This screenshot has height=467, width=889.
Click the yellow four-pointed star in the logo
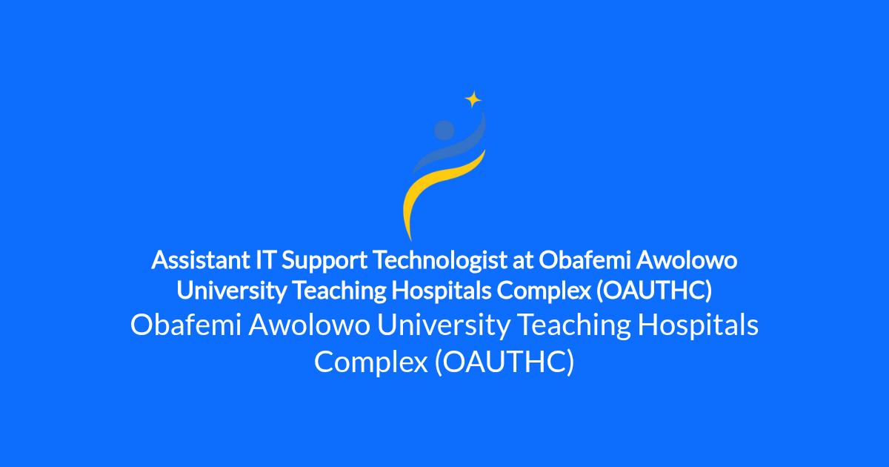tap(473, 99)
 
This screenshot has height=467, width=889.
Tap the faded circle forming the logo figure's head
tap(444, 130)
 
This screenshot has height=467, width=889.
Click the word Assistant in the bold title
tap(201, 260)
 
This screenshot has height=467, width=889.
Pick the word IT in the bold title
tap(265, 260)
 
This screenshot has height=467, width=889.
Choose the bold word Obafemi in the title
tap(585, 260)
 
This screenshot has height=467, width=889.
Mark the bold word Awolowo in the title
tap(687, 260)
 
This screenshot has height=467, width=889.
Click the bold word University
tap(231, 291)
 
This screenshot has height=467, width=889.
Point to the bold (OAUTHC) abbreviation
tap(654, 291)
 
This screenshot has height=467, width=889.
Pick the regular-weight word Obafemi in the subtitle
tap(186, 325)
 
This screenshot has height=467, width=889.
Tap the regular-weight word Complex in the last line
tap(371, 362)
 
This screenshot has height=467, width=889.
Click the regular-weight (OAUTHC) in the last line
tap(505, 362)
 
